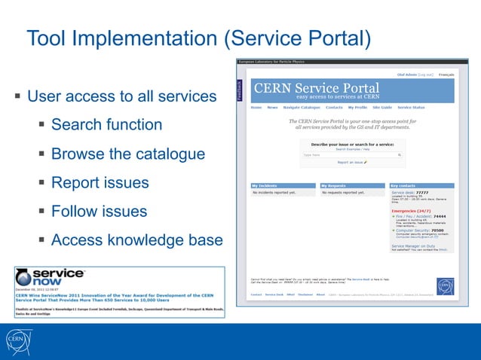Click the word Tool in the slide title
pos(47,38)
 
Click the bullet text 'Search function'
pos(106,125)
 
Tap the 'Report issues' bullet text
pos(100,183)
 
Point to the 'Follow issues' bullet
pos(99,212)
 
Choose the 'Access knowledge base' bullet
pos(136,241)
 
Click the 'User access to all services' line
pos(121,96)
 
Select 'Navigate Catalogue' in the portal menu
pos(302,108)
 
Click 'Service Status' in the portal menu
pos(411,108)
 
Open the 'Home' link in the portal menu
pos(256,108)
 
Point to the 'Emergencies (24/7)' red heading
pos(411,210)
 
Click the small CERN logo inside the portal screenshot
pos(445,286)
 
